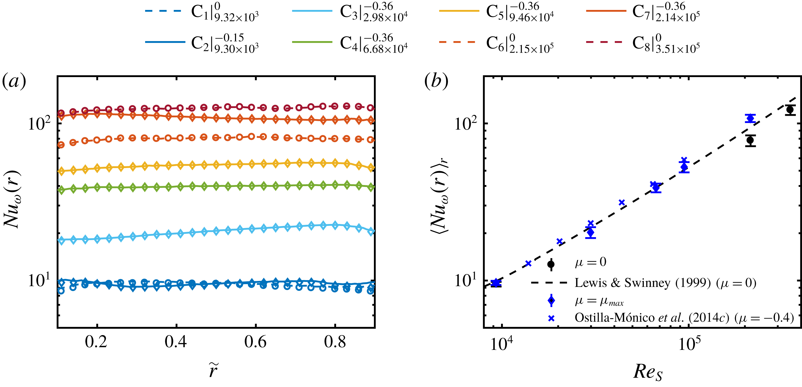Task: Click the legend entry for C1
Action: pos(202,12)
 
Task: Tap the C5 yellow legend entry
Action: pos(496,12)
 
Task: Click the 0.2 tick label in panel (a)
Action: pos(96,342)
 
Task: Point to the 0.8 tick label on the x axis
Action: pos(335,342)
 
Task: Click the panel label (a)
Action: pos(14,82)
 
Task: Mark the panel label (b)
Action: pos(436,82)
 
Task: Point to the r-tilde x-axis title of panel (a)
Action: pos(214,370)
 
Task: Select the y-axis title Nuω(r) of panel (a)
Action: pos(12,200)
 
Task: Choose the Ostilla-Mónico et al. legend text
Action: pos(684,318)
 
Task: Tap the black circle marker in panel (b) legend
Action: pos(551,265)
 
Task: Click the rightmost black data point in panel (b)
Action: pos(790,110)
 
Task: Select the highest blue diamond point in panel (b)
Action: pos(750,118)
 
